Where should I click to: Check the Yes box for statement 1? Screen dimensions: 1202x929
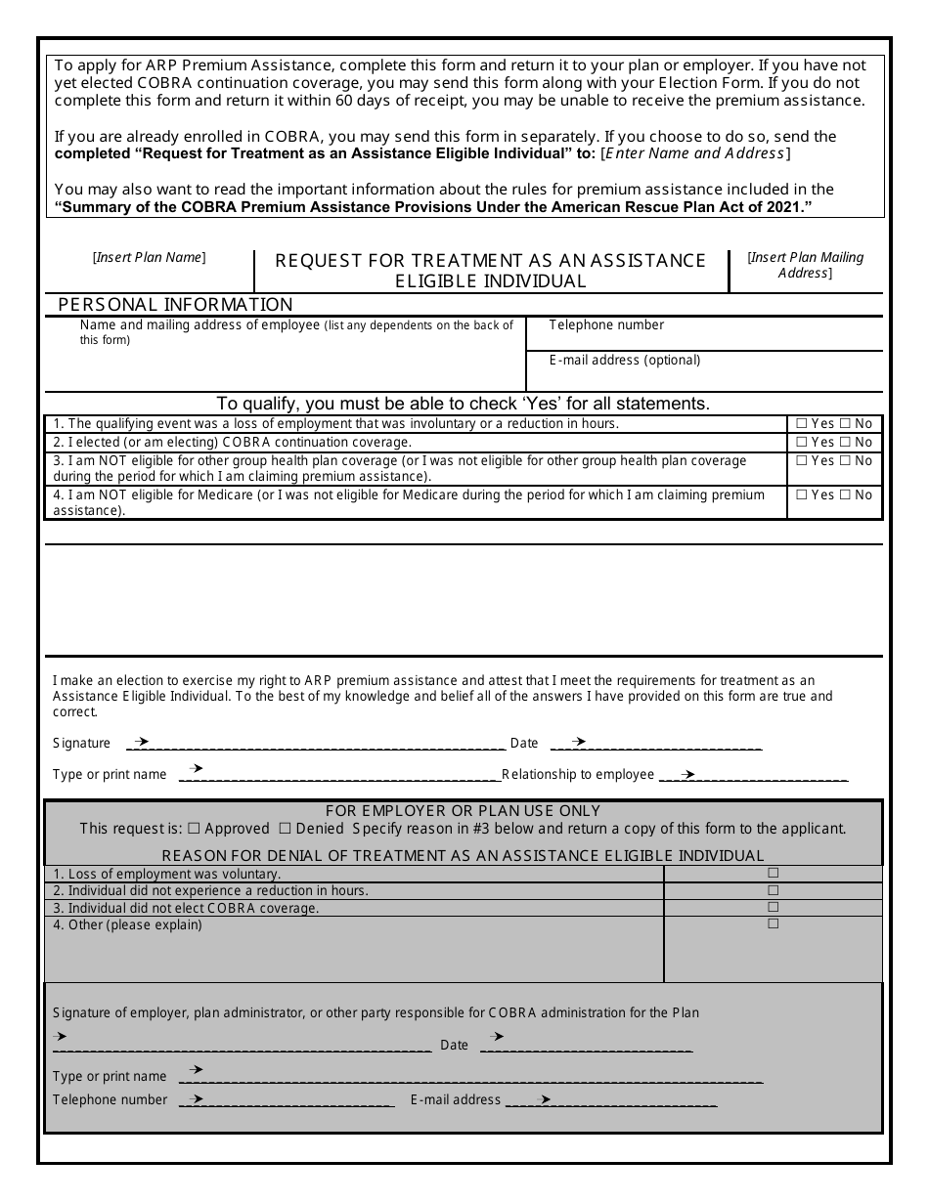(x=802, y=424)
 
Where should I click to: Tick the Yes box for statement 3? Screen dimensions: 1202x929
(x=802, y=460)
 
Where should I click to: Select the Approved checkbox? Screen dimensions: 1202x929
(x=194, y=829)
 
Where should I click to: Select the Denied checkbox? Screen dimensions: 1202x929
(x=286, y=829)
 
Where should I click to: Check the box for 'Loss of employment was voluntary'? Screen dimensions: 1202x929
(x=773, y=873)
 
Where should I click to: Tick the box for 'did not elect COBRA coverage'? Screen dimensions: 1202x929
(x=773, y=907)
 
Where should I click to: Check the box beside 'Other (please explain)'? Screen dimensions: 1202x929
(x=773, y=923)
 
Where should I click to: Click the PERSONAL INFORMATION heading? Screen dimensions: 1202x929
(x=175, y=305)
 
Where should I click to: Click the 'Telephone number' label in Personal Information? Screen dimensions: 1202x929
(x=606, y=325)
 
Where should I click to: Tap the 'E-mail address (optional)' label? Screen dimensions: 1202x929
(x=625, y=361)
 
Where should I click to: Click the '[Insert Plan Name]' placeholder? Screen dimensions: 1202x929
(x=149, y=258)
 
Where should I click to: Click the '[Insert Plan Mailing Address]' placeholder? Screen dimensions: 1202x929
(x=805, y=265)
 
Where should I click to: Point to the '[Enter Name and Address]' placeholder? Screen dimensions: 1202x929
(x=696, y=153)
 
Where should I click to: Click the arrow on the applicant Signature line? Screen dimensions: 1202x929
(x=141, y=742)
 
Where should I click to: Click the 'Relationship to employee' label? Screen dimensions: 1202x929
(x=578, y=775)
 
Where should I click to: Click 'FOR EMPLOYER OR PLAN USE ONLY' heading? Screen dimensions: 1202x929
(x=463, y=811)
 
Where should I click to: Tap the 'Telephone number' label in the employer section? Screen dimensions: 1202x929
(x=111, y=1099)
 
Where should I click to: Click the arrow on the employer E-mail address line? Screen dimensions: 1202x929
(x=544, y=1099)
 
